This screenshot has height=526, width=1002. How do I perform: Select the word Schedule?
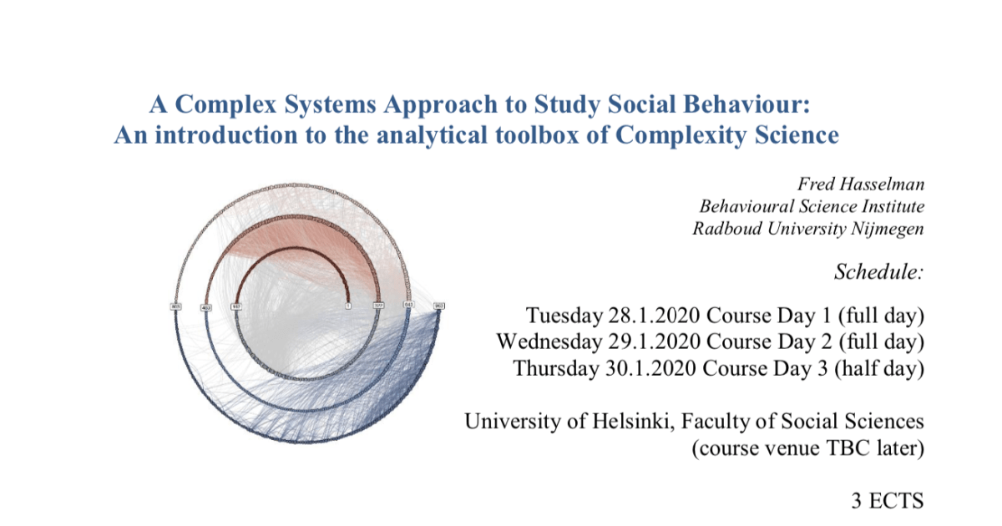tap(878, 272)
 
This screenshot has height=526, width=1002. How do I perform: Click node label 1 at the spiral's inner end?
tap(348, 306)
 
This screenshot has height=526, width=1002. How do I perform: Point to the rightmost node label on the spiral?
tap(439, 306)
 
